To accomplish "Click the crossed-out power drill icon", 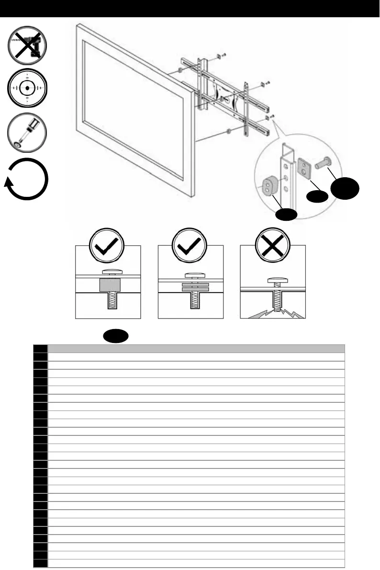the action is (27, 46).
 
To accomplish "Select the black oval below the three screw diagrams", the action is (115, 336).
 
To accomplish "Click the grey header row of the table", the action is (196, 349).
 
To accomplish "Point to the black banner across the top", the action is (190, 8).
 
